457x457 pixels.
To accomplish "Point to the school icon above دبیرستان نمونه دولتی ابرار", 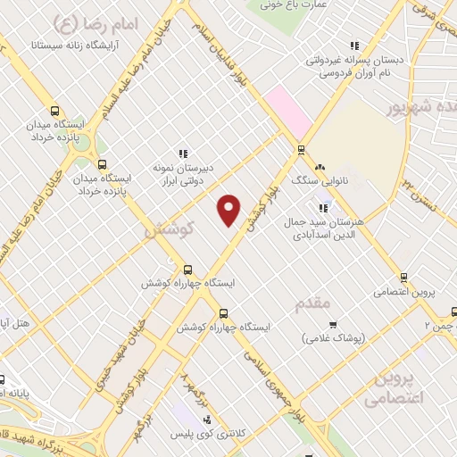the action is [184, 154].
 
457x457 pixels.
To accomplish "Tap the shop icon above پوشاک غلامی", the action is [334, 324].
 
